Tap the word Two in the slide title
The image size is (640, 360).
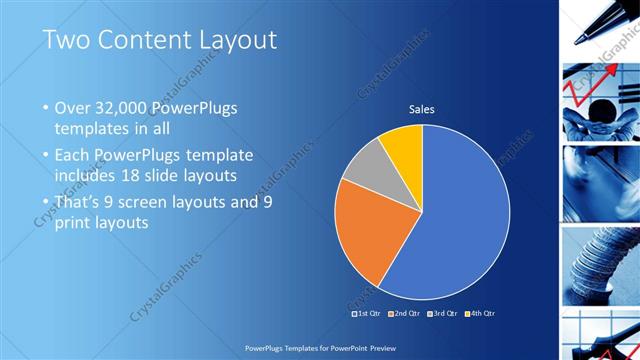[x=66, y=40]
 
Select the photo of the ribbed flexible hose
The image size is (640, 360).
[x=600, y=265]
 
